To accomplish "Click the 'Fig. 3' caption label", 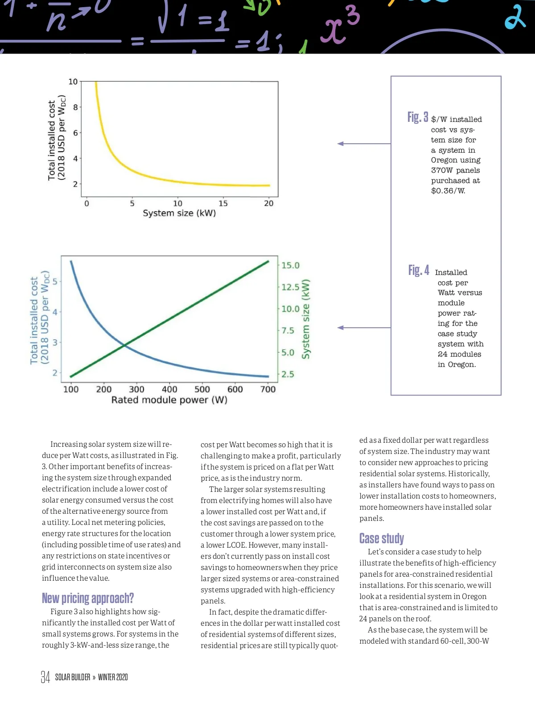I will tap(417, 117).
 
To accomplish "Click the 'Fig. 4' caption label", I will tap(418, 270).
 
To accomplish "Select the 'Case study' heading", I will tap(381, 538).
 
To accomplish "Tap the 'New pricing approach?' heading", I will tap(88, 598).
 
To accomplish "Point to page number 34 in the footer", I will tap(45, 677).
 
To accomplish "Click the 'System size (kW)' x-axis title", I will tap(179, 213).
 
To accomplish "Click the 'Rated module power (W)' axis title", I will tap(169, 399).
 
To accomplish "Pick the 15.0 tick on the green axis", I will tap(290, 265).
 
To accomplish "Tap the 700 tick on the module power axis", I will tap(268, 389).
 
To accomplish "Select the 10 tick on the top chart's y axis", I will tap(73, 82).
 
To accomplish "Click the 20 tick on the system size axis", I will tap(268, 204).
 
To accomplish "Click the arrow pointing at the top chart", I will tap(342, 144).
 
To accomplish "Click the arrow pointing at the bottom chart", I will tap(342, 328).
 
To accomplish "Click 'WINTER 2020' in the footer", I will tap(113, 677).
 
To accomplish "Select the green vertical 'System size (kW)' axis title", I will tap(306, 319).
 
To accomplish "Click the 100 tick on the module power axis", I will tap(71, 389).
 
